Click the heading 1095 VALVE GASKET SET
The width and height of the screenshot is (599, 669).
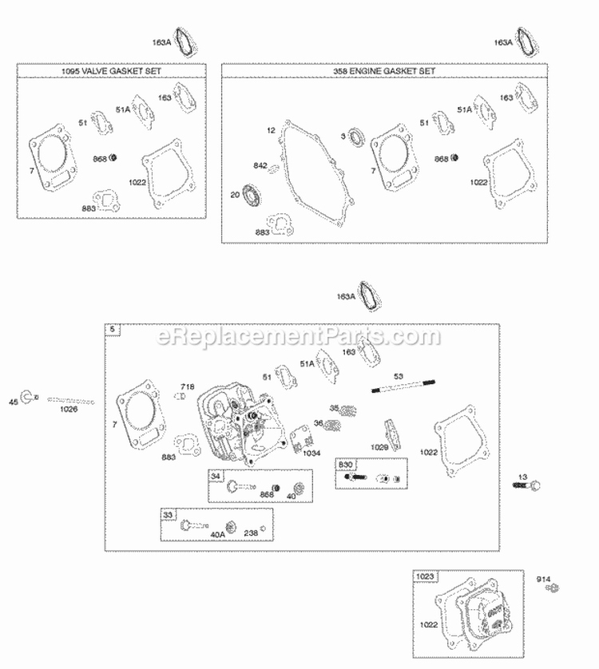click(111, 71)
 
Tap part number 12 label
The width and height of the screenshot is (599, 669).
click(271, 129)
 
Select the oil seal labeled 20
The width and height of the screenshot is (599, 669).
click(254, 194)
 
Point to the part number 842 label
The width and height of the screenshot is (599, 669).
click(260, 166)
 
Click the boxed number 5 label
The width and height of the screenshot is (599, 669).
click(112, 330)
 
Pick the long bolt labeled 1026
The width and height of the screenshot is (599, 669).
click(70, 401)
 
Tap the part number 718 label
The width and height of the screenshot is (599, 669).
click(188, 386)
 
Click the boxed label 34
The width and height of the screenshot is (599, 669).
click(215, 476)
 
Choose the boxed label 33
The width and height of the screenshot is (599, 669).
click(167, 515)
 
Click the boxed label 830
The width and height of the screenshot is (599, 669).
click(345, 464)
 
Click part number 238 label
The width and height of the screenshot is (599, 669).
click(251, 533)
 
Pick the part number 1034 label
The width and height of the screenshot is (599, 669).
click(311, 453)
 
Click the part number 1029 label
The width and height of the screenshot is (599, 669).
click(379, 447)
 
